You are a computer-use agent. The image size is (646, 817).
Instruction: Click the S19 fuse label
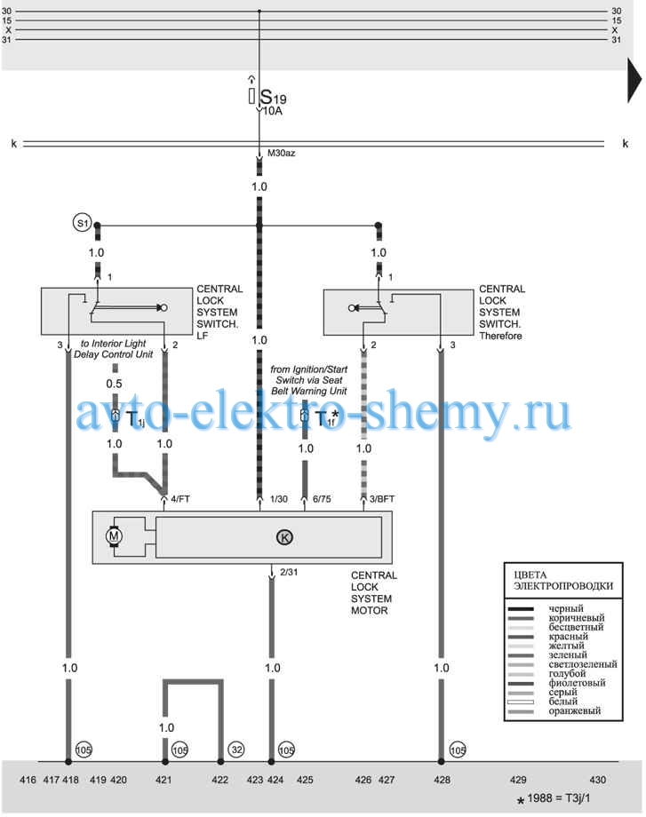point(273,97)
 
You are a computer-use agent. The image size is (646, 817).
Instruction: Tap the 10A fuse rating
point(272,111)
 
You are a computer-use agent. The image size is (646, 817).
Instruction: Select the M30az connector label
point(282,153)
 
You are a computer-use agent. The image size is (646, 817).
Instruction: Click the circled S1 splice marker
point(82,223)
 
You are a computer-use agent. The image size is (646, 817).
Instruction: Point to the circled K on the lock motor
point(284,537)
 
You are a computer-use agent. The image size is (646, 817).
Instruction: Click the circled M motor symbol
point(114,536)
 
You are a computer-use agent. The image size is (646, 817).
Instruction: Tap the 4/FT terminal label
point(180,499)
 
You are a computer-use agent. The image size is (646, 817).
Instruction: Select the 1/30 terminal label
point(279,499)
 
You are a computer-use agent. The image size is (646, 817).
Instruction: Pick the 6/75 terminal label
point(322,499)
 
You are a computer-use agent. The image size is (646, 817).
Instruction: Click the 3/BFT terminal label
point(382,499)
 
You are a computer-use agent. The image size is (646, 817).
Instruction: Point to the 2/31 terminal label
point(289,572)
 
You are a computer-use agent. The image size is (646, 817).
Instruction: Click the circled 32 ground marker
point(236,750)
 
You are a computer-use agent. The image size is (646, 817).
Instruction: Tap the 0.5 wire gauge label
point(114,384)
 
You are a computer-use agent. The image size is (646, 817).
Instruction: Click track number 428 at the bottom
point(443,780)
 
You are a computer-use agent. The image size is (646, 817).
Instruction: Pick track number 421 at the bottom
point(163,780)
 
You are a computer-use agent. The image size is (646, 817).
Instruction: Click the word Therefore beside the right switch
point(500,336)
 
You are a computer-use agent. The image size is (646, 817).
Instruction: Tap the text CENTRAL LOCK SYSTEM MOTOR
point(373,593)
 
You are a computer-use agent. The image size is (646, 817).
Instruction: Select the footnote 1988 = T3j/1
point(558,798)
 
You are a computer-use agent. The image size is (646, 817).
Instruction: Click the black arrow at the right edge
point(634,81)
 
